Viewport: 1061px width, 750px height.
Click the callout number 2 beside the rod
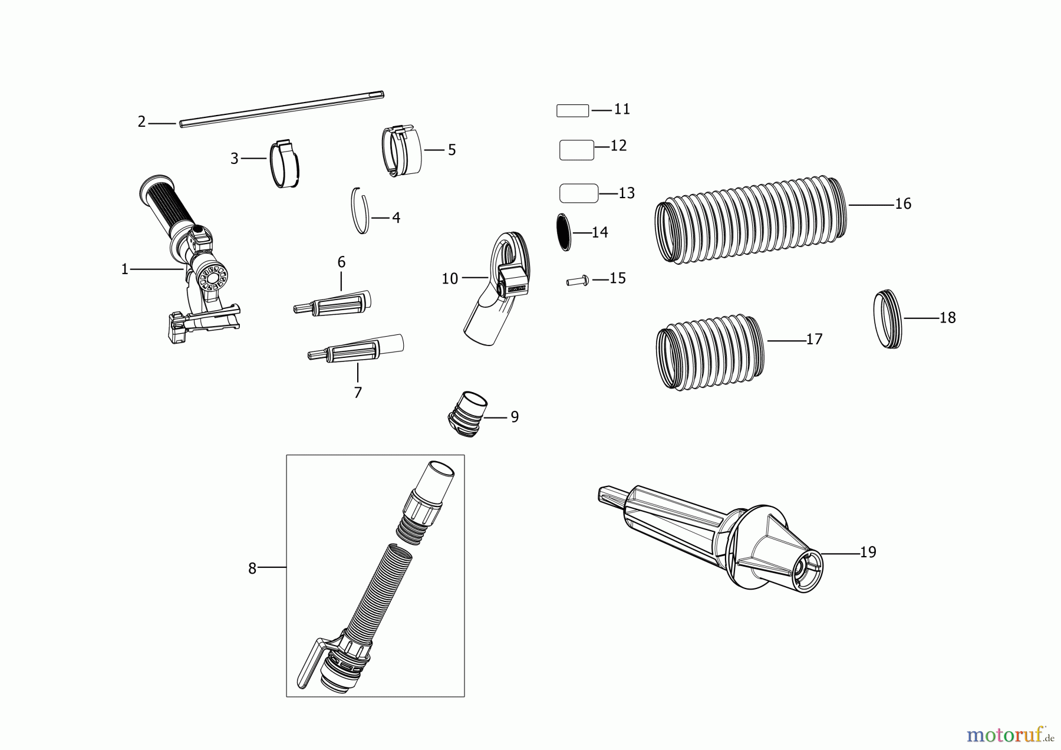tap(141, 122)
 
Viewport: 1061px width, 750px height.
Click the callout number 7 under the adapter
tap(358, 393)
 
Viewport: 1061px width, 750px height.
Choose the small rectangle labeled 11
tap(572, 111)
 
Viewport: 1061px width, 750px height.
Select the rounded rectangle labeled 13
tap(578, 193)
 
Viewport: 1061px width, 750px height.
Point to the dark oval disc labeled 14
tap(564, 232)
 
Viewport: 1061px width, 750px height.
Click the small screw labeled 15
tap(577, 281)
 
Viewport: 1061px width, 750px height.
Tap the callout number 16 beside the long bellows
tap(902, 204)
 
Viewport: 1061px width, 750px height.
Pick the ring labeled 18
tap(887, 319)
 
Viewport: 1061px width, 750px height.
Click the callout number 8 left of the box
tap(252, 568)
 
